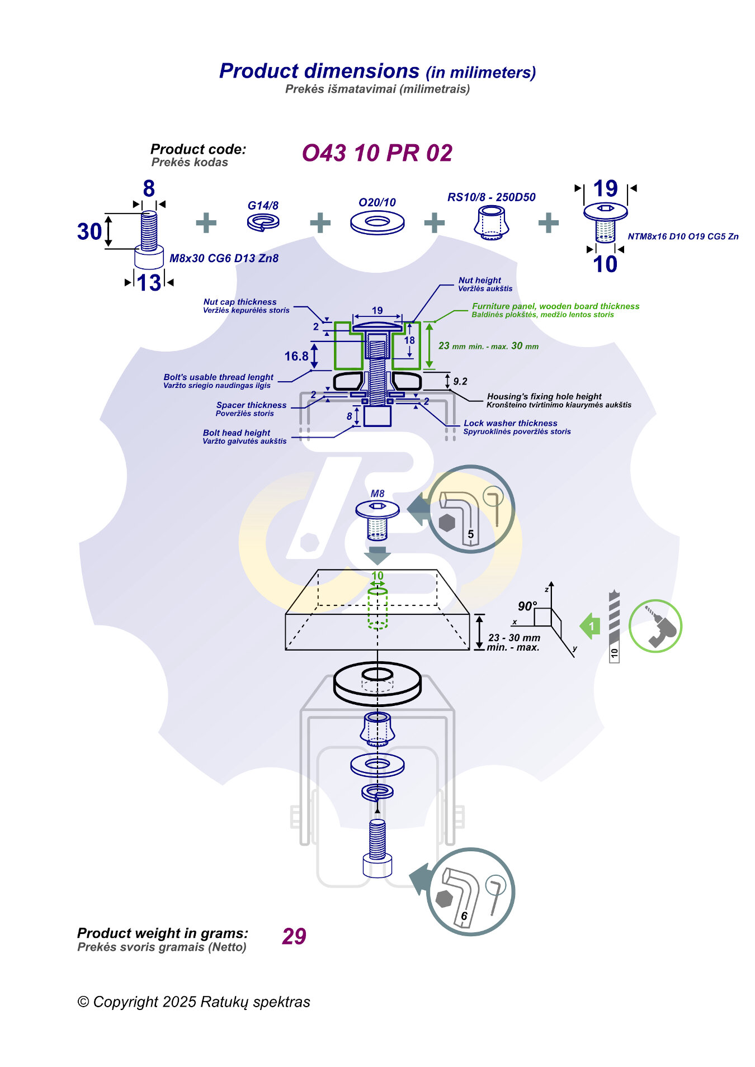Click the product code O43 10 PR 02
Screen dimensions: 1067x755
[377, 153]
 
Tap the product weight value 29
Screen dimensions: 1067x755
[294, 936]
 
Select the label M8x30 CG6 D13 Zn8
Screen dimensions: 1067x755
[224, 258]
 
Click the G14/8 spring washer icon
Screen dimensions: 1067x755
[263, 222]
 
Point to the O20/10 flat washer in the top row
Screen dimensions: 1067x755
[377, 222]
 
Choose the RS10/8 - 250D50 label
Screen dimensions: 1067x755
[491, 197]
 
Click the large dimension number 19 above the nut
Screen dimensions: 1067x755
[605, 188]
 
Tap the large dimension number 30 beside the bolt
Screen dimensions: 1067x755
[89, 231]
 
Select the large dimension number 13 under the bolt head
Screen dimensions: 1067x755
[149, 283]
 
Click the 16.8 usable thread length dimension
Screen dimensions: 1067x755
[296, 357]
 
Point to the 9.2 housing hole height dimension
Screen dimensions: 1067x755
[460, 382]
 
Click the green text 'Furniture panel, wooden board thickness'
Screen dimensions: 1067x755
[555, 306]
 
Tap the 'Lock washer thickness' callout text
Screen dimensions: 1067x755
[511, 424]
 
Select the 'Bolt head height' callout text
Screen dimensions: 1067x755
[237, 433]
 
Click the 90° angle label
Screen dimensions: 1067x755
[527, 606]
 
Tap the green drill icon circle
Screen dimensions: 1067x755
[655, 626]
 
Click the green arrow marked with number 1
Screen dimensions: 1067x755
[590, 626]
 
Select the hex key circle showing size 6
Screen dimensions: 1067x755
[470, 891]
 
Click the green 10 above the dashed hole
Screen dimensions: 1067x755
[377, 576]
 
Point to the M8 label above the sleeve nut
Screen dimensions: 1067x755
[377, 494]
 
